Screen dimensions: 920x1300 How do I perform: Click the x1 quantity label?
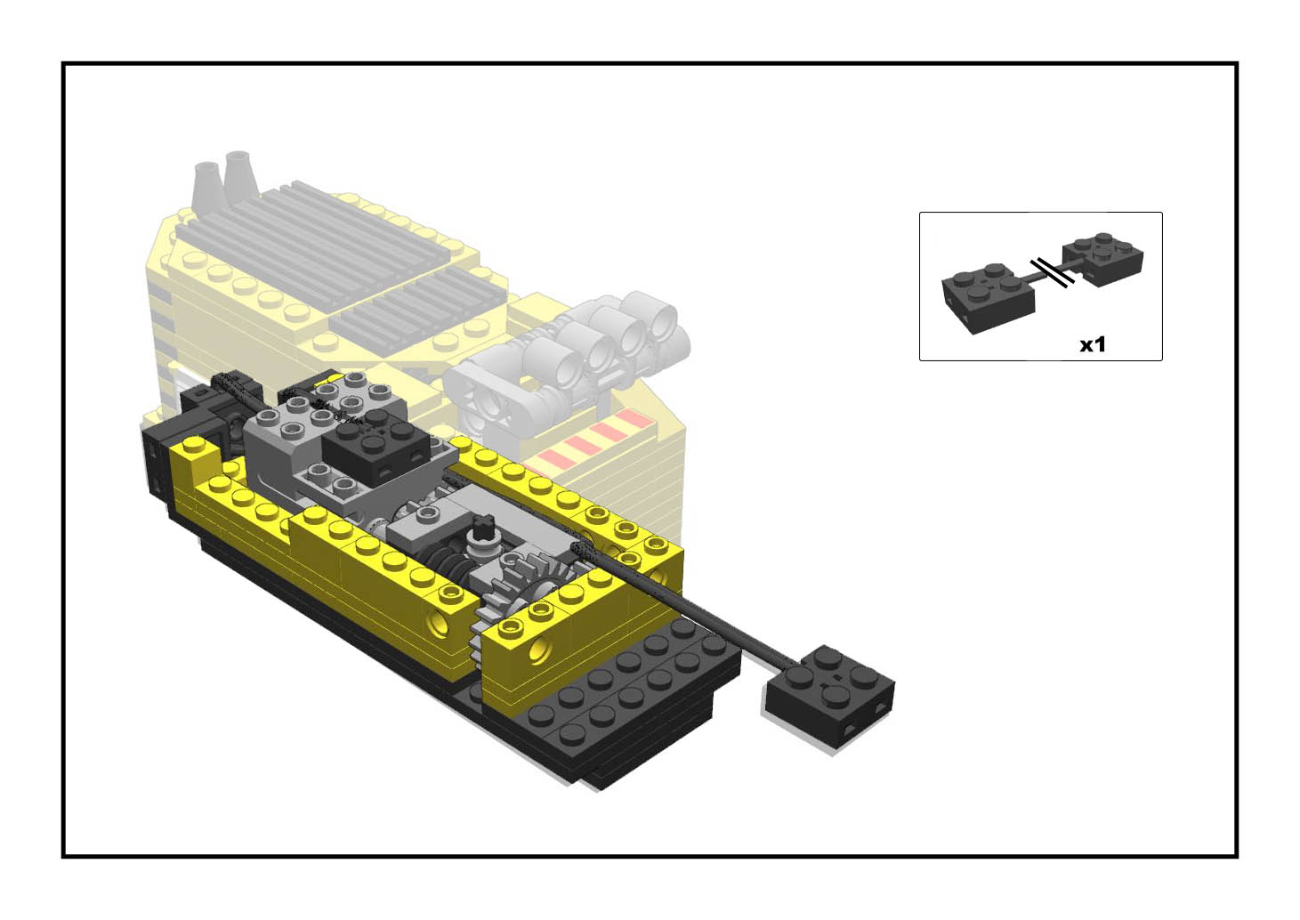[1092, 344]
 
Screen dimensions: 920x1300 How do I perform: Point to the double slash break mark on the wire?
[1053, 272]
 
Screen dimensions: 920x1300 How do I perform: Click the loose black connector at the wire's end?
[830, 694]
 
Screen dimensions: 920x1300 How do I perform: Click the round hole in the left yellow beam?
[438, 622]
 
